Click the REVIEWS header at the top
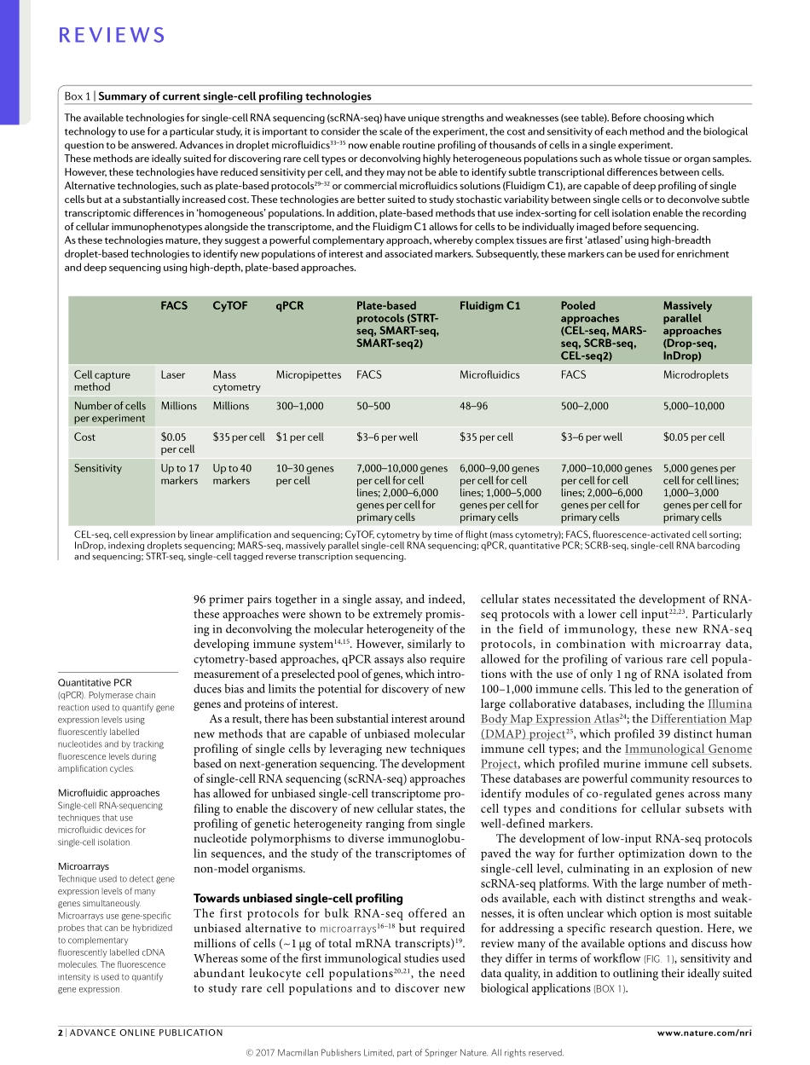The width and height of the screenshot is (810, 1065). coord(111,35)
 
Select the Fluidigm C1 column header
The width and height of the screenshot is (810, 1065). coord(489,305)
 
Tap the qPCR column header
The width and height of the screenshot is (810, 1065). coord(289,305)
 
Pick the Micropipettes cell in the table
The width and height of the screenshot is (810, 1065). coord(308,374)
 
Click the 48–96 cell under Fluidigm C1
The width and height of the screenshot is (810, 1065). coord(473,406)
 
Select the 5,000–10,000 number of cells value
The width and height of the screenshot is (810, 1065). coord(693,406)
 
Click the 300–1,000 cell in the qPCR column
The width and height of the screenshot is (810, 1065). coord(299,406)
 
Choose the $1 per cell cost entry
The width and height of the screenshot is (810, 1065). coord(299,437)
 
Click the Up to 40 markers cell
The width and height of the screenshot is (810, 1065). coord(232,474)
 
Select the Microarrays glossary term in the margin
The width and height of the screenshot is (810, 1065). coord(83,866)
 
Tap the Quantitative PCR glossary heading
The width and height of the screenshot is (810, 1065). coord(94,682)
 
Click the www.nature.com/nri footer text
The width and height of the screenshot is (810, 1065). coord(704,1033)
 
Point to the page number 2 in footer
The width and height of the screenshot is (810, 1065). coord(61,1033)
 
